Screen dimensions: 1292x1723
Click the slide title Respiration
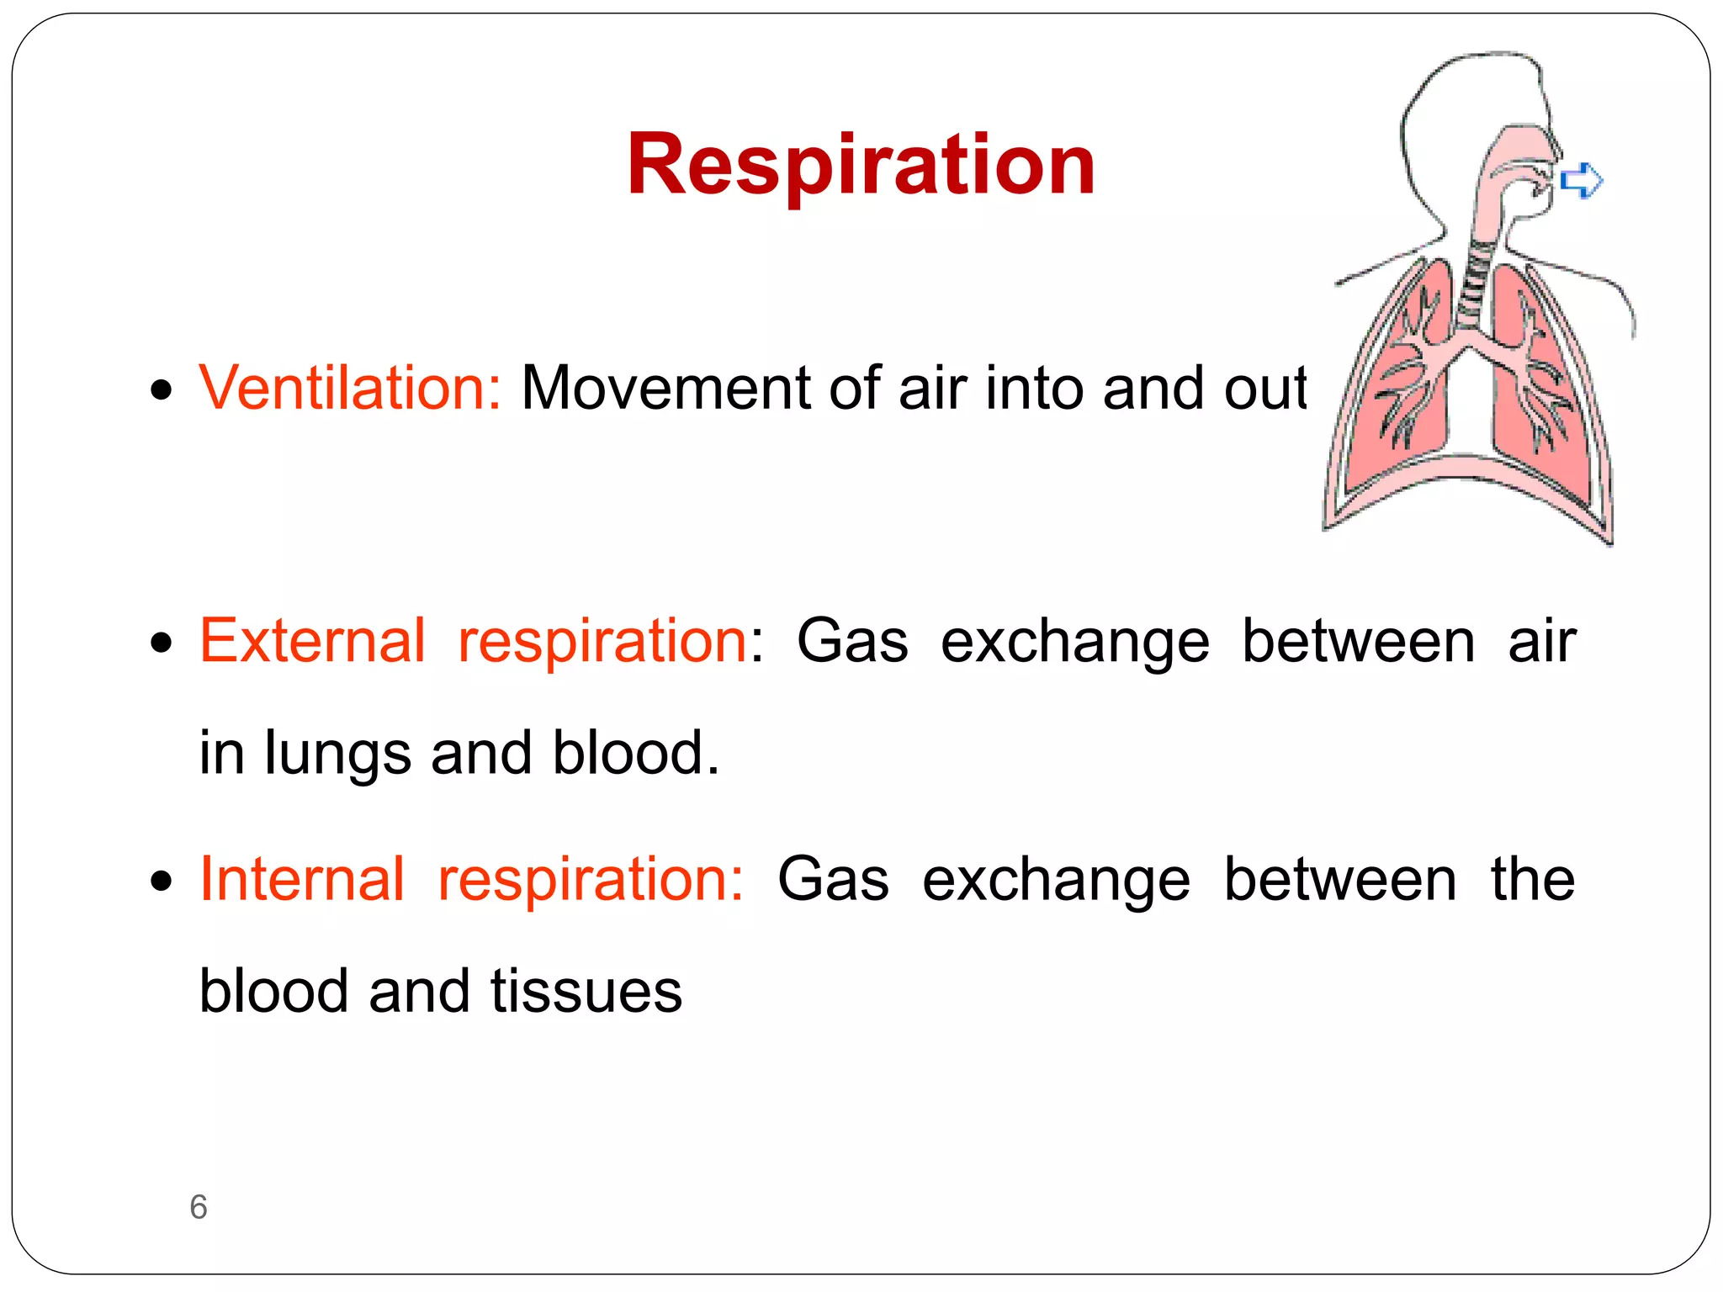click(861, 165)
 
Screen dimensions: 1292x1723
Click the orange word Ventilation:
click(350, 388)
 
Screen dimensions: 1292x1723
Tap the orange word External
click(312, 641)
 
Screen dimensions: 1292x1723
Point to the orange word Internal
click(302, 879)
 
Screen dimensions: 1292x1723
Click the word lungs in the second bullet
click(337, 753)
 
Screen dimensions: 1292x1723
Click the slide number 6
click(199, 1207)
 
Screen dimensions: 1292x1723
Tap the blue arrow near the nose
click(1582, 181)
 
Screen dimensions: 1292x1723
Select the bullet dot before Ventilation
click(161, 390)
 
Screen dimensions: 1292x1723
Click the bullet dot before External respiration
click(161, 643)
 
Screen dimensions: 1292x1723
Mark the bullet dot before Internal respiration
click(161, 882)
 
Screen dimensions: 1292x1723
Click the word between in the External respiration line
click(1358, 641)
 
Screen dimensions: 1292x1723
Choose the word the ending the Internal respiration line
click(1532, 879)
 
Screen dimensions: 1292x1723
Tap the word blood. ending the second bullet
click(636, 753)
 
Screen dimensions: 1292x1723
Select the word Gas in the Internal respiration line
click(833, 879)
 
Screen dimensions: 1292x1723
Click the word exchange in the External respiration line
click(1074, 641)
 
